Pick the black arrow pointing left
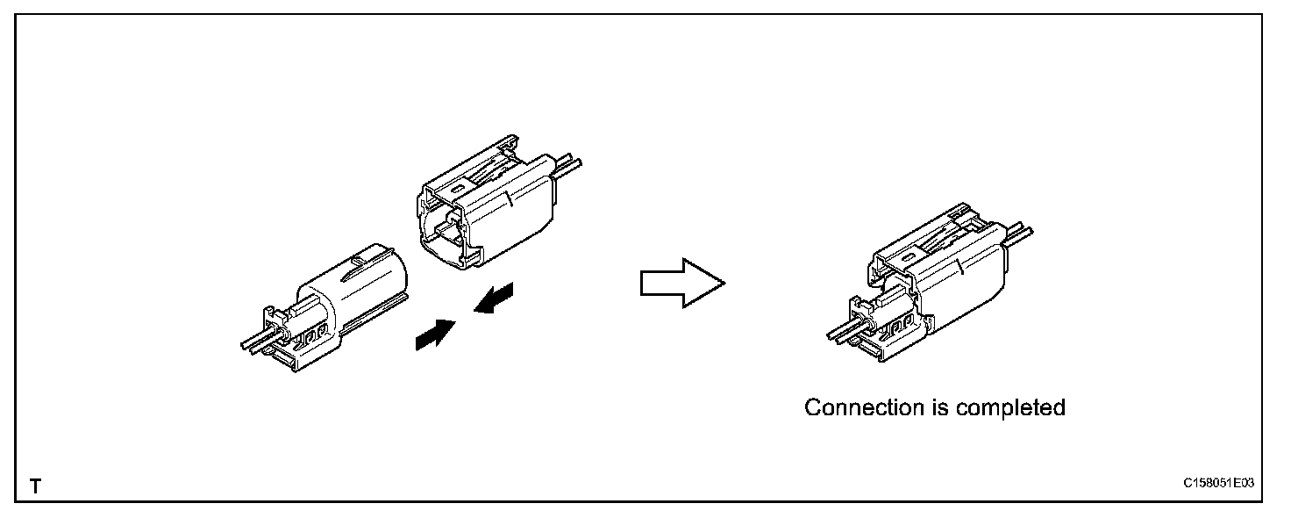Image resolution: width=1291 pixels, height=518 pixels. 495,298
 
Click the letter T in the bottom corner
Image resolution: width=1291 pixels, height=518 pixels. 36,485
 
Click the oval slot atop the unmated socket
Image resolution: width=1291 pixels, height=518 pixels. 455,186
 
